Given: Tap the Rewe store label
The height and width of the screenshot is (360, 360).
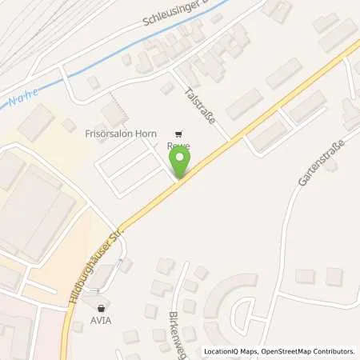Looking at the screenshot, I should [x=178, y=147].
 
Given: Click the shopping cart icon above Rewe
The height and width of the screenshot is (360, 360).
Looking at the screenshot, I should [x=178, y=134].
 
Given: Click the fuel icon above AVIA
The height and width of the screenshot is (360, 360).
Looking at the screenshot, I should [x=102, y=308].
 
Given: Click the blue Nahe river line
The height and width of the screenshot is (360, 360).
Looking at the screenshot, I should [x=120, y=59].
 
